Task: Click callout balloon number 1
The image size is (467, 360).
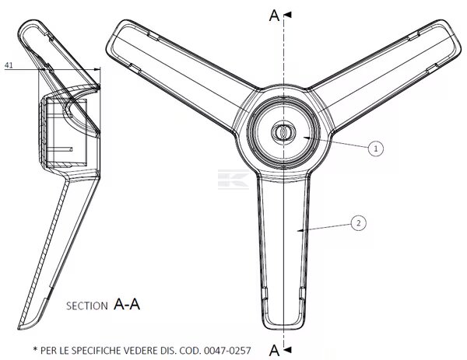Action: click(376, 149)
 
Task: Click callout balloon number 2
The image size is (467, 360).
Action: click(358, 223)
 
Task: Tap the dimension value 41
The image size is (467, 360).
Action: click(9, 65)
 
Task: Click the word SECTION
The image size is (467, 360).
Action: click(86, 306)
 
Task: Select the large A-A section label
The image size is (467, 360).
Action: click(127, 304)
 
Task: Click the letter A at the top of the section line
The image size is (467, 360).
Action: click(274, 16)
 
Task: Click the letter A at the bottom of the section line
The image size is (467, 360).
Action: click(274, 350)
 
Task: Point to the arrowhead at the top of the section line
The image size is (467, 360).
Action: click(288, 15)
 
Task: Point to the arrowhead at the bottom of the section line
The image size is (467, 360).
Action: click(288, 350)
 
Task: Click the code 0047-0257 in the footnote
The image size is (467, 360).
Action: click(227, 351)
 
